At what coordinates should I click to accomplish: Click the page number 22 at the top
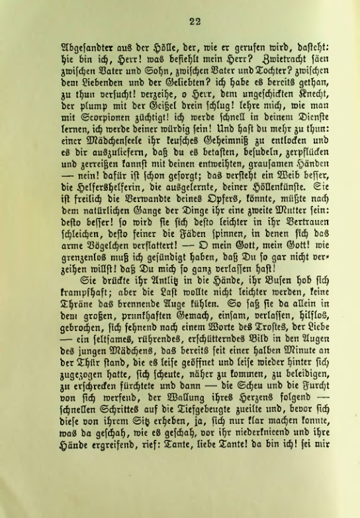(x=194, y=21)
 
